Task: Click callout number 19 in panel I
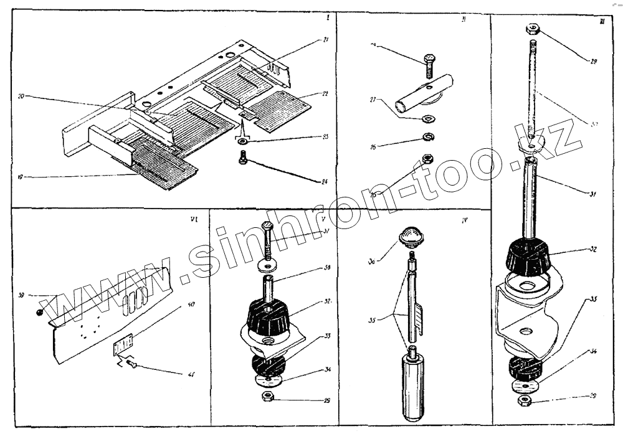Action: pos(21,177)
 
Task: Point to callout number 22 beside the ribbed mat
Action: pos(325,94)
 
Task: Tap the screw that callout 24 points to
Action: pos(244,159)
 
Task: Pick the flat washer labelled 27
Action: pos(429,118)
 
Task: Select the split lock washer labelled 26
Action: pos(428,138)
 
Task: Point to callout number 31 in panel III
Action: pos(592,194)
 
